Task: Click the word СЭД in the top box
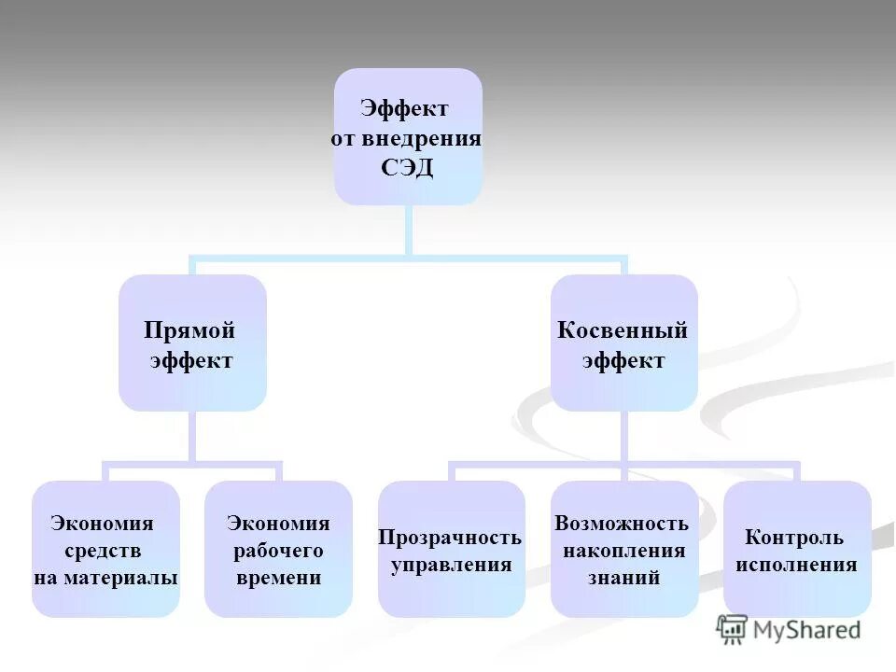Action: tap(407, 169)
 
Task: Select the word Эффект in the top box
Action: tap(406, 109)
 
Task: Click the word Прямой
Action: tap(189, 330)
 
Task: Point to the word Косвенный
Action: tap(623, 330)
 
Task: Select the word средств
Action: tap(102, 551)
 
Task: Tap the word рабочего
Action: tap(278, 551)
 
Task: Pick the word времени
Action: tap(278, 578)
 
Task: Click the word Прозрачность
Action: tap(449, 538)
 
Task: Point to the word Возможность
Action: tap(622, 524)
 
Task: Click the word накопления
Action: tap(623, 551)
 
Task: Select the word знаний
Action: tap(623, 578)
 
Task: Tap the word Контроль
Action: tap(794, 538)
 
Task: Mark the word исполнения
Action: tap(796, 565)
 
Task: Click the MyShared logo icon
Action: tap(732, 630)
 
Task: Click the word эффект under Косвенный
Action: tap(623, 360)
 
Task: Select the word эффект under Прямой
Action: tap(191, 360)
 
